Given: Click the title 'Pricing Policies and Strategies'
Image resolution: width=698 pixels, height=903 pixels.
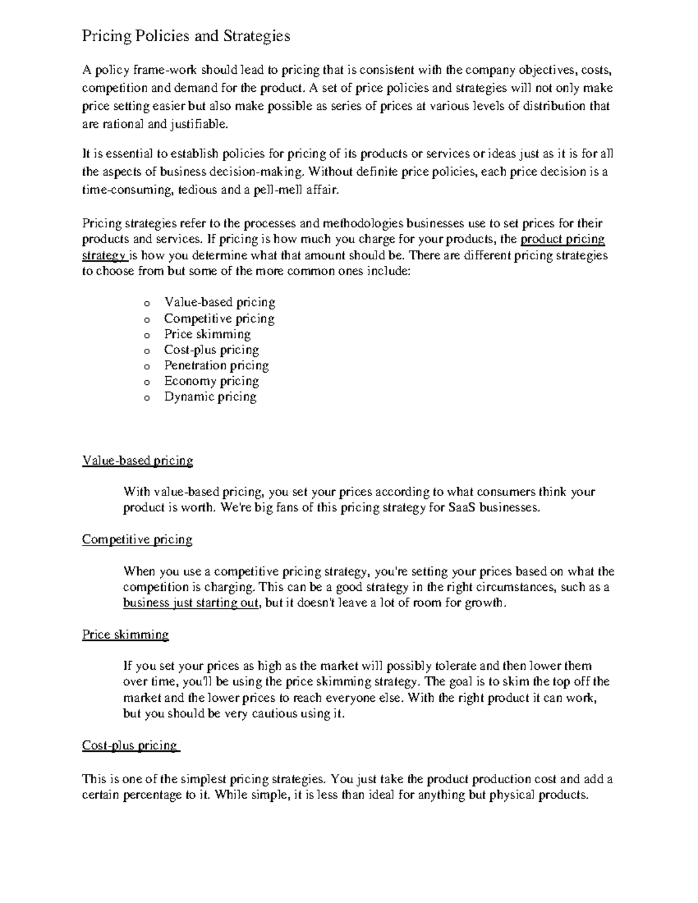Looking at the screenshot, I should [x=186, y=36].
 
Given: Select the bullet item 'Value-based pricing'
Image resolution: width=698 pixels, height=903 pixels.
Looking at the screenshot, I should [x=219, y=302].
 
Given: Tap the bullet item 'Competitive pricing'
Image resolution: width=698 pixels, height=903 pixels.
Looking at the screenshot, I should [x=219, y=319].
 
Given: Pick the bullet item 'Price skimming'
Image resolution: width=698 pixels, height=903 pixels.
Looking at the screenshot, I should [x=207, y=334].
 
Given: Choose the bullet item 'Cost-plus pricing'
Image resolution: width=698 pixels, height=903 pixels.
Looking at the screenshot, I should [x=211, y=350].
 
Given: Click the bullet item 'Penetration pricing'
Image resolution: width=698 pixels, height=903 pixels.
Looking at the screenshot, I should [x=216, y=366].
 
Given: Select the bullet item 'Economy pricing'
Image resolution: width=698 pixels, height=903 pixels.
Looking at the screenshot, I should [x=211, y=381].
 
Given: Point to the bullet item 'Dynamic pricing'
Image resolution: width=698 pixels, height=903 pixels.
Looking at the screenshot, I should [x=210, y=397].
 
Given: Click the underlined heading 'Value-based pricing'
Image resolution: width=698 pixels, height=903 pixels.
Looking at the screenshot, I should [x=137, y=461].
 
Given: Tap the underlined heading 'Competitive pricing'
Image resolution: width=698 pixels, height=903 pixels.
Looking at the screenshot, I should [x=137, y=540].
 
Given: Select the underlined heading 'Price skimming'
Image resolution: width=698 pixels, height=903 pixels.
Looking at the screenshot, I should [x=125, y=634].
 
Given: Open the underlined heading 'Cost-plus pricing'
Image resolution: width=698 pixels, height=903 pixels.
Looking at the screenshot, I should [x=130, y=745].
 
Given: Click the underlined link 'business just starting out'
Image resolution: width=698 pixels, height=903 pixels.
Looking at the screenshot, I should [x=190, y=603].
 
